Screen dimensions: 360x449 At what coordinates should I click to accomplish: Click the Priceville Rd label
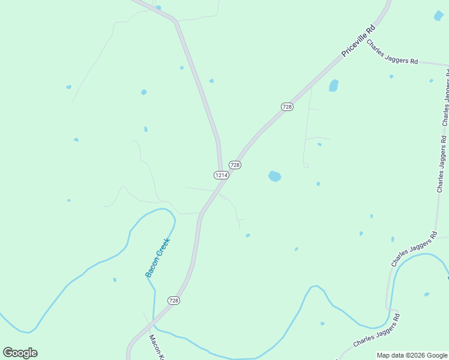[x=358, y=41]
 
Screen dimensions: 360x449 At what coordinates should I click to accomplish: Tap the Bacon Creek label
[x=158, y=257]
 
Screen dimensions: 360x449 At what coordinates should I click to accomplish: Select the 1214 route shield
[x=220, y=175]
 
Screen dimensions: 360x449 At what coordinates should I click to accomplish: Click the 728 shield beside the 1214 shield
[x=235, y=165]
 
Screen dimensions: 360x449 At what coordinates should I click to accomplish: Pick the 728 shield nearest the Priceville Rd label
[x=287, y=106]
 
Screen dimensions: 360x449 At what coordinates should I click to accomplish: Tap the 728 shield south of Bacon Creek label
[x=173, y=300]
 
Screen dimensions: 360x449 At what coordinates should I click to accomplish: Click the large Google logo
[x=20, y=353]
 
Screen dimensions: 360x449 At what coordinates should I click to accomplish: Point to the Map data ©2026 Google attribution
[x=412, y=355]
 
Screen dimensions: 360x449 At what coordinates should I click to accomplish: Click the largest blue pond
[x=274, y=176]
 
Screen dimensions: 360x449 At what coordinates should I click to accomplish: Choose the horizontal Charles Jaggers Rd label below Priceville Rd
[x=392, y=52]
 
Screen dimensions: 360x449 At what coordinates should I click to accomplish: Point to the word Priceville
[x=355, y=44]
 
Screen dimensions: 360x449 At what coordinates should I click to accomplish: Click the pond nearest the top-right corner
[x=439, y=16]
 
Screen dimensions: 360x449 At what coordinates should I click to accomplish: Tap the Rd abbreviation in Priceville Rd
[x=372, y=28]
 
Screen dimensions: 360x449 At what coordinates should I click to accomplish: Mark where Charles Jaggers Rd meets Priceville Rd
[x=367, y=40]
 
